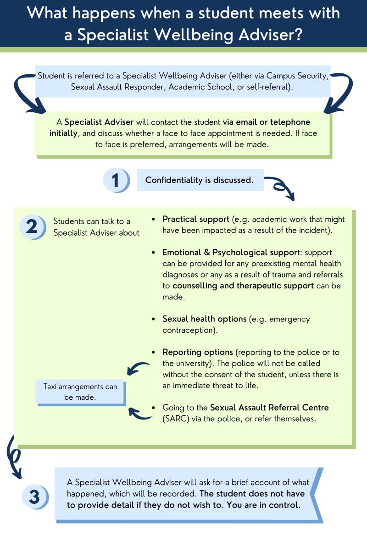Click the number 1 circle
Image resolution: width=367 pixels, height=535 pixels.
(x=116, y=180)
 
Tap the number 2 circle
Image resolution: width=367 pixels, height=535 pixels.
(x=33, y=226)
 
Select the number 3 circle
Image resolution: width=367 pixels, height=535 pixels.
(x=35, y=497)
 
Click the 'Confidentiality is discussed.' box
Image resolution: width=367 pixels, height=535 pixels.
(x=200, y=180)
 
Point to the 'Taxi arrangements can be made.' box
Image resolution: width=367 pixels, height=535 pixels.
(x=81, y=392)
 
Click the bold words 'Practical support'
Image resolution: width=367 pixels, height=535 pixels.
(x=195, y=219)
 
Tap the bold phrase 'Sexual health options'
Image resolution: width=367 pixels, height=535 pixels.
(x=204, y=319)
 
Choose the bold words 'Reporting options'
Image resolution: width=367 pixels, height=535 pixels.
(x=198, y=352)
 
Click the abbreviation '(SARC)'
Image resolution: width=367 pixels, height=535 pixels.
(x=176, y=419)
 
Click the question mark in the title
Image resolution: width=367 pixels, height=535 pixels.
(x=297, y=34)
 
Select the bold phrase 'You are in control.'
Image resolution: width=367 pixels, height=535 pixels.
(x=264, y=505)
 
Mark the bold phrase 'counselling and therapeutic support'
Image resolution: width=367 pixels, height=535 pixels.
(x=243, y=286)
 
